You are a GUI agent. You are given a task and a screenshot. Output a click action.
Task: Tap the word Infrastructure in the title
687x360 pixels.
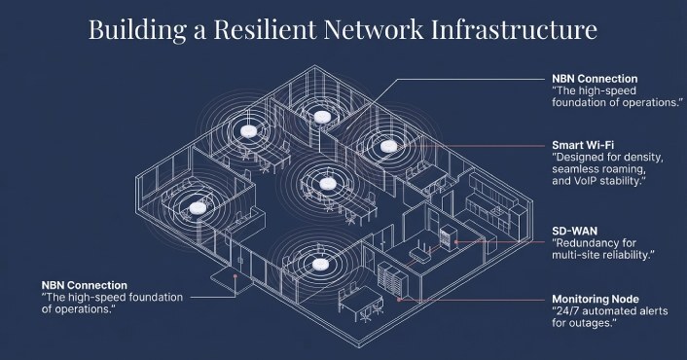point(524,29)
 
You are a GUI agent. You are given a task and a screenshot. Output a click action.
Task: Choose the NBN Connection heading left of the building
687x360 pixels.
point(89,283)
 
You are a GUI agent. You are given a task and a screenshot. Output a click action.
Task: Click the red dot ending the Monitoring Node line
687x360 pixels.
point(399,300)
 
